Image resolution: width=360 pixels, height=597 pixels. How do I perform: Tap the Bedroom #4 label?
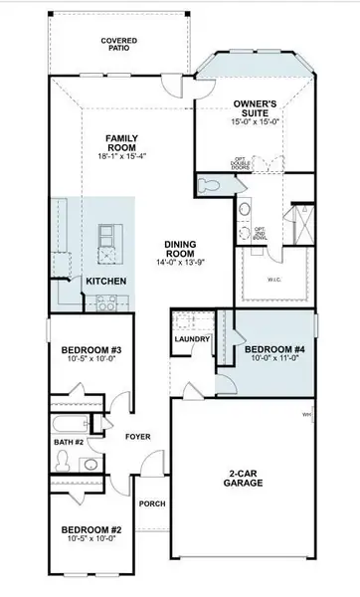point(271,348)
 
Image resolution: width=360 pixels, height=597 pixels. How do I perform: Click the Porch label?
point(151,502)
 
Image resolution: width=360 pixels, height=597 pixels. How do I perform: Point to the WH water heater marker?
point(307,414)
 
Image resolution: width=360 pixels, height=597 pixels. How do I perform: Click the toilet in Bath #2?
point(62,460)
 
